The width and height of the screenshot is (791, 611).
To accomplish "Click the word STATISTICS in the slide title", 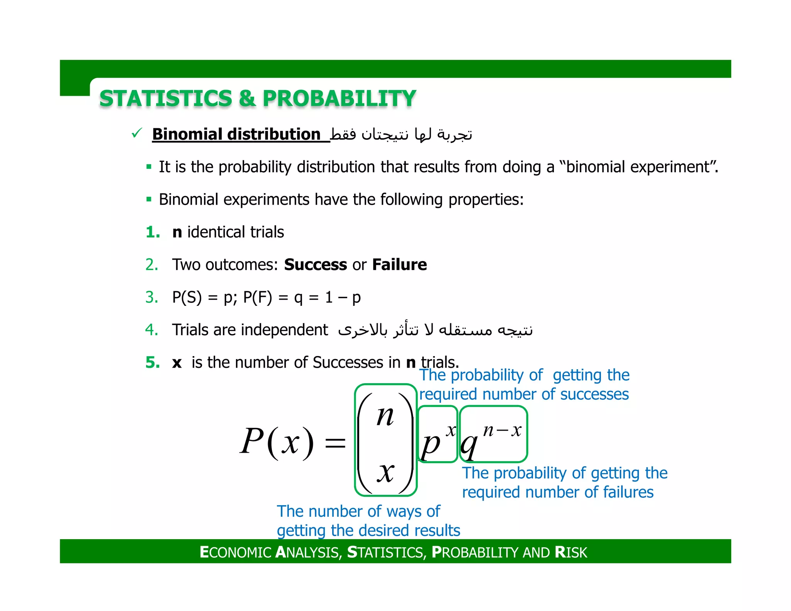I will click(166, 98).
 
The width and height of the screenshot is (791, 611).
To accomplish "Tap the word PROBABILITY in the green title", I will click(339, 98).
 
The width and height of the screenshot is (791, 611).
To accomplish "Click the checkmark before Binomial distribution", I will click(136, 134).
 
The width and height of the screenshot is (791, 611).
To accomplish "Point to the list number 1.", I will click(153, 232).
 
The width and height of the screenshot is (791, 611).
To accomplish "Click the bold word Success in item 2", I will click(315, 265).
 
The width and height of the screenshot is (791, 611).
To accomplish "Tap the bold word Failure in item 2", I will click(399, 265).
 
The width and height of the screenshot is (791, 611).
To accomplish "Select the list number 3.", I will click(152, 297).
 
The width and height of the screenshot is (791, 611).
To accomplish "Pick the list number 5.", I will click(153, 363).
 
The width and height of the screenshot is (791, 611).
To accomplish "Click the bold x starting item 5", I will click(177, 363).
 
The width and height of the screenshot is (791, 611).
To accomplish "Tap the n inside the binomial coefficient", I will click(385, 417).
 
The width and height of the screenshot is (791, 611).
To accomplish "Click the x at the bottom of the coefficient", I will click(385, 473).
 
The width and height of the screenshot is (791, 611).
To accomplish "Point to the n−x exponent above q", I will click(502, 430).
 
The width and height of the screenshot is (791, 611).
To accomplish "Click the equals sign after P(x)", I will click(335, 443).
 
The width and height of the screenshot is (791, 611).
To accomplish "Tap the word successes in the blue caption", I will click(594, 394).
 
